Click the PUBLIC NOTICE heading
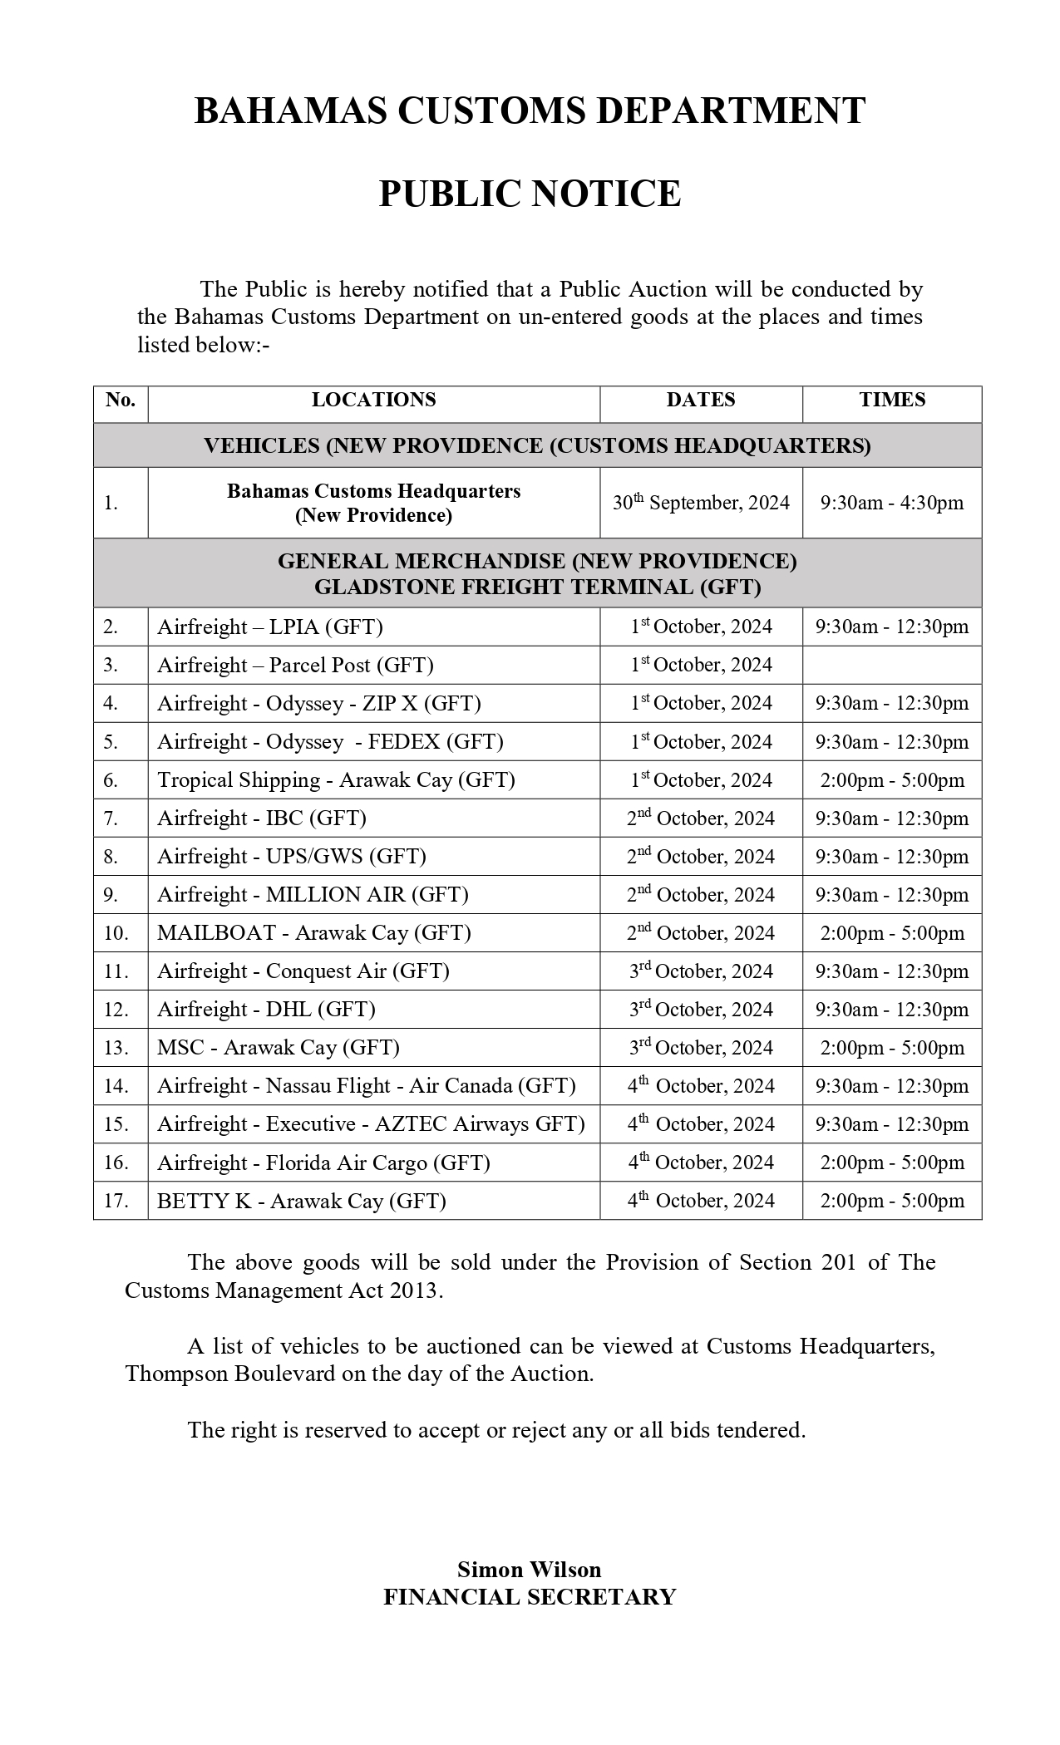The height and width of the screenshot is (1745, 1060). tap(530, 194)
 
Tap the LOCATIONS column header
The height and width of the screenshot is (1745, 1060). tap(373, 400)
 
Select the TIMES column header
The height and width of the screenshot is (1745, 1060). tap(892, 400)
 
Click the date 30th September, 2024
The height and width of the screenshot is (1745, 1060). tap(701, 503)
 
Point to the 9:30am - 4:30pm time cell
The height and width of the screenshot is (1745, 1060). tap(892, 503)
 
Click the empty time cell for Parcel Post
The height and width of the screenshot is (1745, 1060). tap(892, 665)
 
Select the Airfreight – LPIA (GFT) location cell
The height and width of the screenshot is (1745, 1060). tap(270, 627)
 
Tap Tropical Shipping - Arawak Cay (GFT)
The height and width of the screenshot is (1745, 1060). tap(336, 780)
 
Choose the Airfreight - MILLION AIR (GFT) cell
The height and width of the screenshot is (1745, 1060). tap(313, 895)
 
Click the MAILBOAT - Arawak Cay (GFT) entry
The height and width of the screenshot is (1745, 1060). tap(313, 933)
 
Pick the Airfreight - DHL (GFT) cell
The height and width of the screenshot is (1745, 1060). tap(266, 1010)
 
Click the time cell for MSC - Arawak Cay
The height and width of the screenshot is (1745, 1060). tap(892, 1048)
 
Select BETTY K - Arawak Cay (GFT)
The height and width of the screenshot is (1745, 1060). tap(301, 1201)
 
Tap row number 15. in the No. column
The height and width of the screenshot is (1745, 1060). tap(116, 1124)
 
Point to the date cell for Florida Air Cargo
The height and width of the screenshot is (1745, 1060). tap(701, 1163)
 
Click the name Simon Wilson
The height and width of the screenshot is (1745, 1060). tap(529, 1570)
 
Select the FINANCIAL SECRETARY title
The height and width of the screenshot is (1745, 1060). tap(529, 1597)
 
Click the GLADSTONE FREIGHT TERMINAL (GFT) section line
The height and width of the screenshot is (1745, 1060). tap(537, 587)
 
